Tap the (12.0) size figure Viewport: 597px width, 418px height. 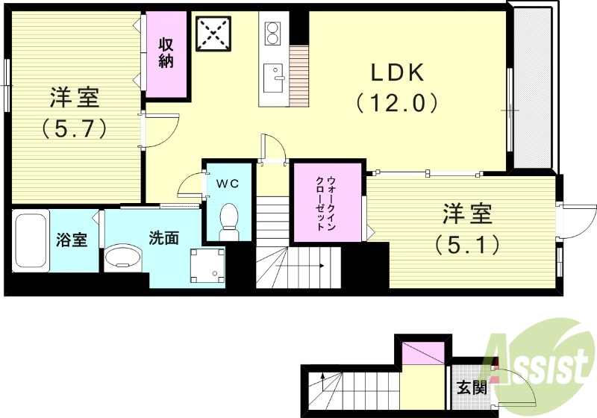(x=396, y=102)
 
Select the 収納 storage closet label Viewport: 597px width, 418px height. (x=166, y=53)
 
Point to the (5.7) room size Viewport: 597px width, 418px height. (x=74, y=128)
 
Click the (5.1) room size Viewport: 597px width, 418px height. (x=467, y=244)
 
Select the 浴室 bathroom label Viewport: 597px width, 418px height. (x=72, y=240)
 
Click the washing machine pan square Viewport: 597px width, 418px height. (x=208, y=266)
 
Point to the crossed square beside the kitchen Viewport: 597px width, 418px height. (x=213, y=32)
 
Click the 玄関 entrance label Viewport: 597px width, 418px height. (x=472, y=388)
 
